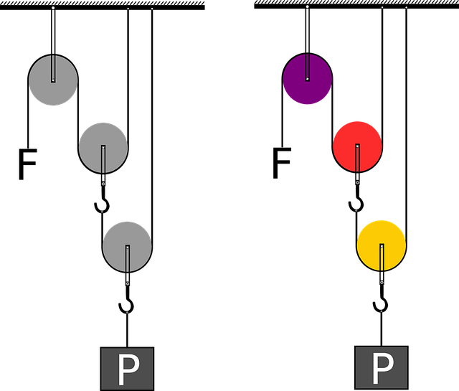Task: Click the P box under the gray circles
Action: [127, 369]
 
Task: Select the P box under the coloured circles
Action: [382, 368]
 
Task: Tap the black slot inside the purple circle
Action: [308, 67]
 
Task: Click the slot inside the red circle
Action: [357, 157]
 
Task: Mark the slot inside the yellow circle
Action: [382, 256]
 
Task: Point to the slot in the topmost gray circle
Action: [53, 68]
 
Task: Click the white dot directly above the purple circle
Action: [307, 7]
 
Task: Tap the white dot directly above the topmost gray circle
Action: [53, 9]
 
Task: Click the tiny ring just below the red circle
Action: [357, 182]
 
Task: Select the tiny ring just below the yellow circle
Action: [382, 282]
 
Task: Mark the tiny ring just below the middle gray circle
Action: [103, 184]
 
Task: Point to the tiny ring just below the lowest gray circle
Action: [128, 283]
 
